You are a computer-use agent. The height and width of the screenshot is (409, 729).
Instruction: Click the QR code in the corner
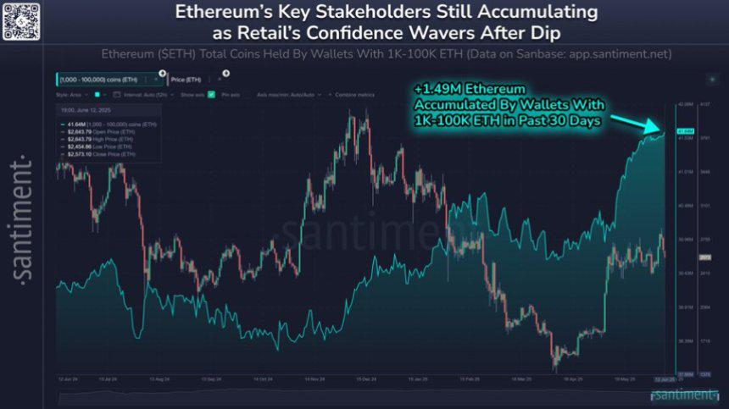(21, 21)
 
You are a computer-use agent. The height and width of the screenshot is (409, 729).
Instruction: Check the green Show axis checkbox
(211, 95)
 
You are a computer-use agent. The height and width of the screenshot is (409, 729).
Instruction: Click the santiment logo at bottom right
(686, 395)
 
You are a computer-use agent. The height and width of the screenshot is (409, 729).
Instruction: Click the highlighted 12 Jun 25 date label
(664, 379)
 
